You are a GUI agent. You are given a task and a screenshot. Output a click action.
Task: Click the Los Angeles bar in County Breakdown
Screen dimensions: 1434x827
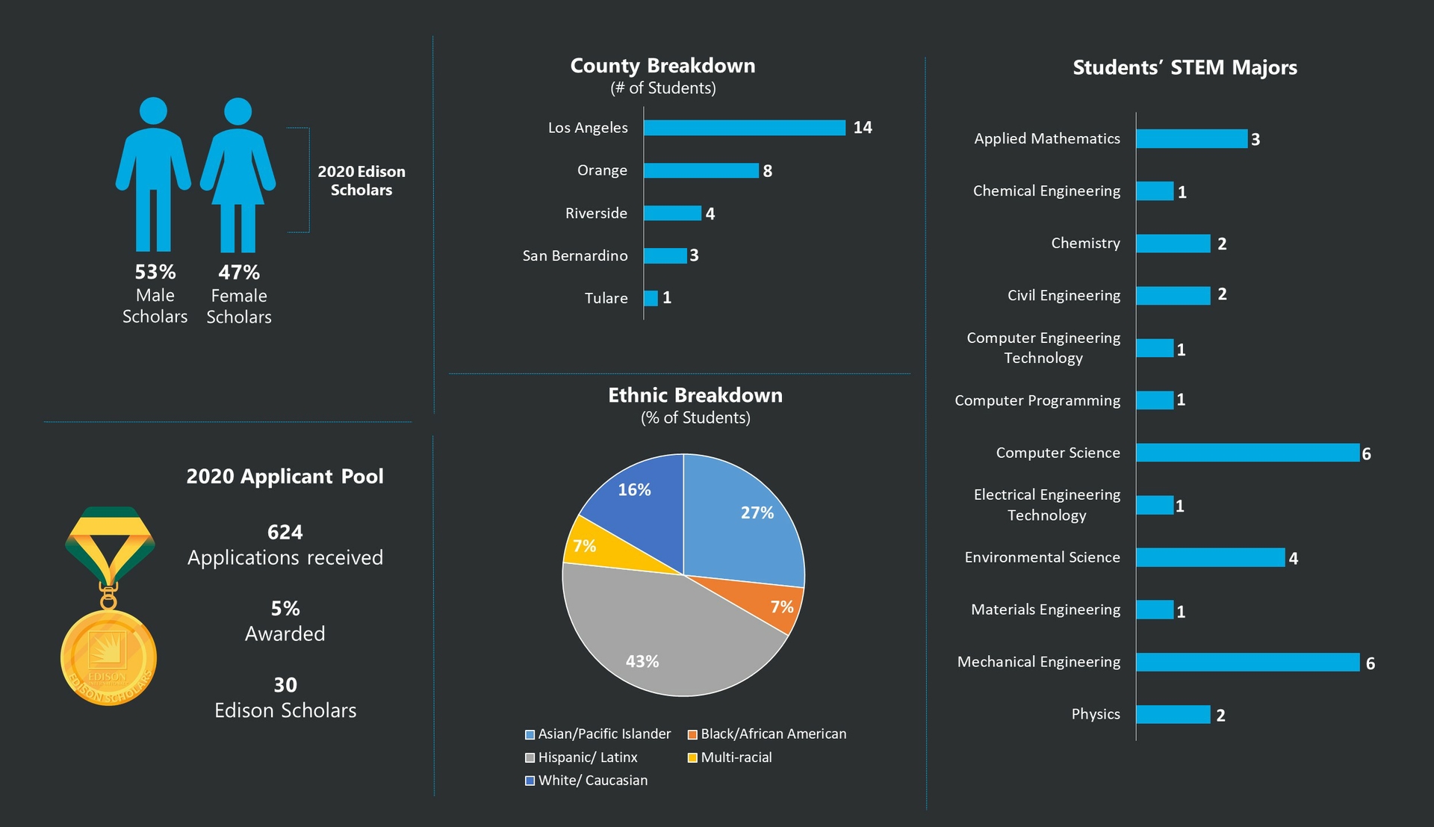745,128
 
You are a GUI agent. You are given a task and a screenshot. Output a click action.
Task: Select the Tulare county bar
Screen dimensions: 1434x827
651,298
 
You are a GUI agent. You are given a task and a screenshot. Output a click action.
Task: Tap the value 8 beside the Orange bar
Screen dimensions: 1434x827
767,171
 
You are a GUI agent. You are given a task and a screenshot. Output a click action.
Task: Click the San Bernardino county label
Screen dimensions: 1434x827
575,255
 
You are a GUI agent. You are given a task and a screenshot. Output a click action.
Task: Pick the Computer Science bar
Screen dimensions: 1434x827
1247,453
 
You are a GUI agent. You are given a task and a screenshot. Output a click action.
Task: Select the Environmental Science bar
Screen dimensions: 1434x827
1210,557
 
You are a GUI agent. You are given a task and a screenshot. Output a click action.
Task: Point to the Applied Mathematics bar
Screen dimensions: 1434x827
1191,139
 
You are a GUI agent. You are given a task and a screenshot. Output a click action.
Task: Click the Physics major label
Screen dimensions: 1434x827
1096,714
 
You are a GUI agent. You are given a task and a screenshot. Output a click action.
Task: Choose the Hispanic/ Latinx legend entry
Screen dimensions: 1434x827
582,758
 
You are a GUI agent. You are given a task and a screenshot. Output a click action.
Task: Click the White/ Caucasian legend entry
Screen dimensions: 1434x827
586,781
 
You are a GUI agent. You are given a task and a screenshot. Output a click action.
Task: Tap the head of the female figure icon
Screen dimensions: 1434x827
238,111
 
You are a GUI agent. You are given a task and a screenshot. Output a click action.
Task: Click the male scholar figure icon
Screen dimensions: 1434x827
153,174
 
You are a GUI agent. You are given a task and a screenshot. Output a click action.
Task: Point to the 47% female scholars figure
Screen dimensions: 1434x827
239,273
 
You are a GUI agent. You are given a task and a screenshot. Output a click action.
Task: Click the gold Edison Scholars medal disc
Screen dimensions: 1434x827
108,657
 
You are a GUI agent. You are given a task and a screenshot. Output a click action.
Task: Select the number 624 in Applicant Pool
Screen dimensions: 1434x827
285,533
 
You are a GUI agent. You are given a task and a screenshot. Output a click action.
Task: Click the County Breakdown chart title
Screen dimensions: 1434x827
663,66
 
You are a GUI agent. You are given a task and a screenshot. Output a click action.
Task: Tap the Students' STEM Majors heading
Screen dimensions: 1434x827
1185,68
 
